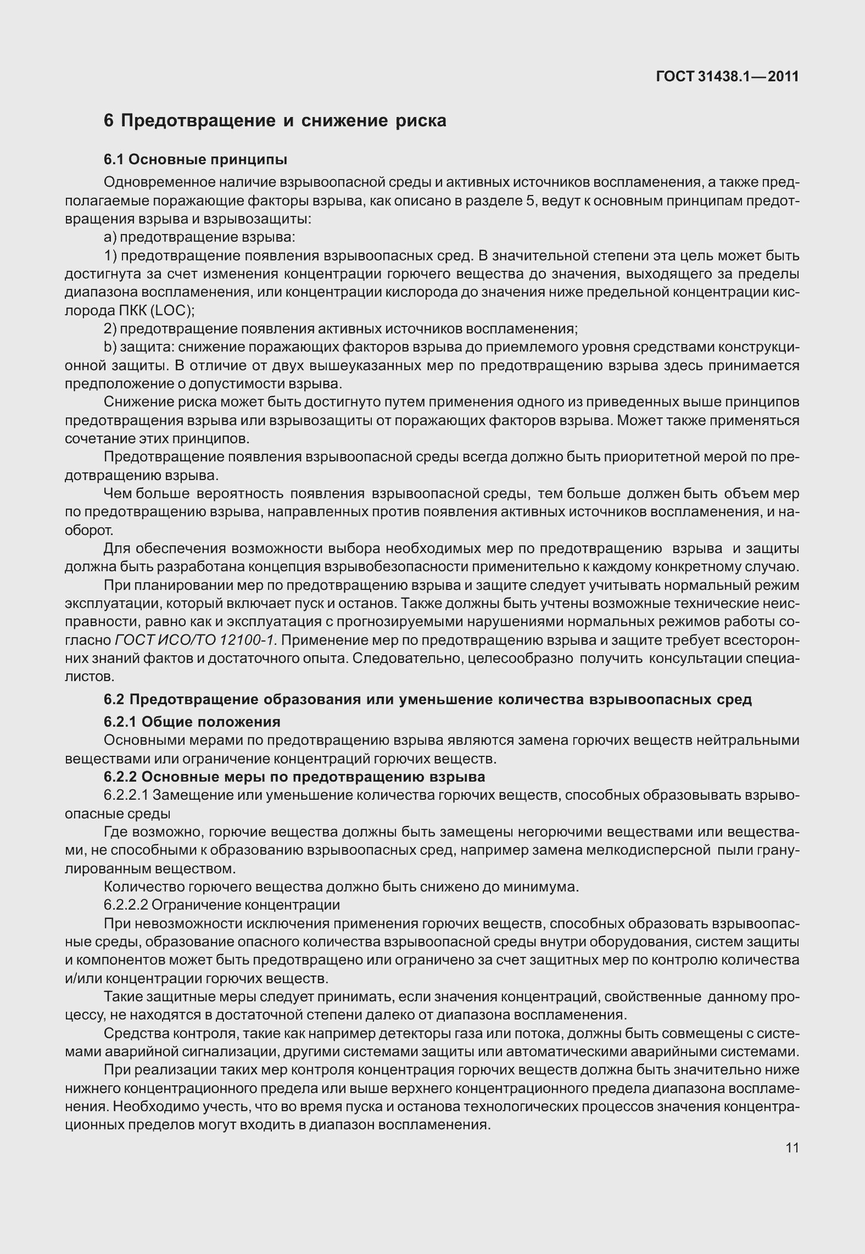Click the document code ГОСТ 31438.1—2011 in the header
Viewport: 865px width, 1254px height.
coord(727,77)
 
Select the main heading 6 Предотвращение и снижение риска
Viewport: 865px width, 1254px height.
coord(275,121)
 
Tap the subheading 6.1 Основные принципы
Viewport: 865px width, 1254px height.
coord(196,160)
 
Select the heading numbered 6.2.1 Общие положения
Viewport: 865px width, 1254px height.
coord(192,722)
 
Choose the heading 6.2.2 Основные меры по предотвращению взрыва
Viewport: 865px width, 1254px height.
coord(294,777)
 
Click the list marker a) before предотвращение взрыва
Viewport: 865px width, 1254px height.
coord(110,238)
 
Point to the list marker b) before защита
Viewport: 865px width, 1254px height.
coord(110,347)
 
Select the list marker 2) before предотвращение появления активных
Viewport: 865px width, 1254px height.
coord(110,329)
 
